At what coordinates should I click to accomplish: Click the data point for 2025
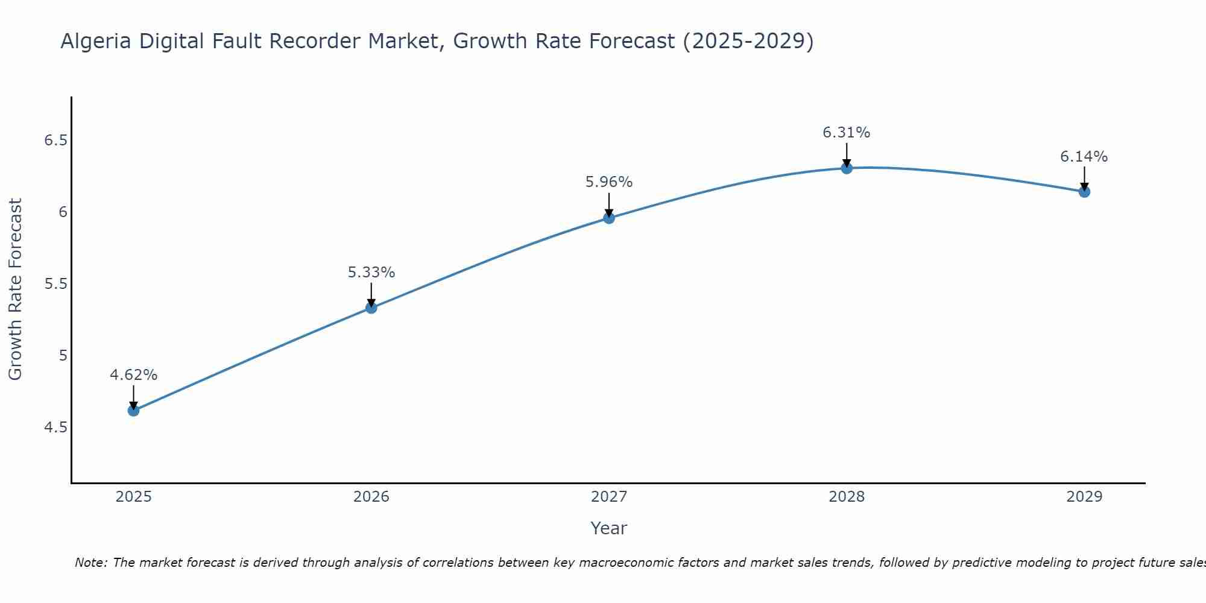point(133,411)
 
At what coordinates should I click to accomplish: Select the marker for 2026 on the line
point(371,308)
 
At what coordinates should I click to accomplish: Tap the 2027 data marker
point(609,218)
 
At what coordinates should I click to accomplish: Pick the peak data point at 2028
point(847,168)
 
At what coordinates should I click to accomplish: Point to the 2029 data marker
point(1084,192)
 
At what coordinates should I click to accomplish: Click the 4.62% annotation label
point(133,375)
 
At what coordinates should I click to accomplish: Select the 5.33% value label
point(371,273)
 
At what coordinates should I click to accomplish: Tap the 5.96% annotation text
point(609,182)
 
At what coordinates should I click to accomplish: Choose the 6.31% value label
point(847,133)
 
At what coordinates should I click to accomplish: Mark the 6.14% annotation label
point(1084,157)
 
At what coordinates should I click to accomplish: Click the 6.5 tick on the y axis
point(55,140)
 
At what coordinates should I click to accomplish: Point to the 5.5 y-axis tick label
point(55,284)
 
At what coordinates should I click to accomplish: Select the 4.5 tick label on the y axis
point(55,428)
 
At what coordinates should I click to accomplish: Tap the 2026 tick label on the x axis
point(371,497)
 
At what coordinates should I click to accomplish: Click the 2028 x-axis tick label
point(847,497)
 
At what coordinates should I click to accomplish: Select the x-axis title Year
point(609,528)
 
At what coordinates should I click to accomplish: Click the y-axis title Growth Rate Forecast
point(16,289)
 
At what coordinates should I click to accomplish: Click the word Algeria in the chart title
point(96,42)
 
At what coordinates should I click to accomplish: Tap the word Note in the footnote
point(90,563)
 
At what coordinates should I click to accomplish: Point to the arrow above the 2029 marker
point(1084,177)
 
